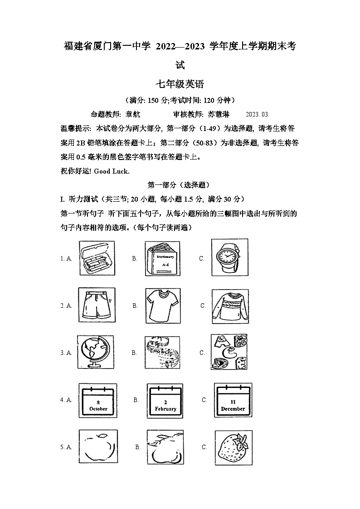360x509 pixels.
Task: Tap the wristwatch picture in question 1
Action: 230,257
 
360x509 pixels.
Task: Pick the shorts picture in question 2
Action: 97,305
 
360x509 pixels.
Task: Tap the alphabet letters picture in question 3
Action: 230,352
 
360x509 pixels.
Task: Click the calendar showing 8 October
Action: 98,401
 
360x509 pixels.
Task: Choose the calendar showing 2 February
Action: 165,401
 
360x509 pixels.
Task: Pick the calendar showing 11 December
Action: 233,400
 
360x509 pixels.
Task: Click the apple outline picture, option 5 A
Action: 98,447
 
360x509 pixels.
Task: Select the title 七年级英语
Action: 180,84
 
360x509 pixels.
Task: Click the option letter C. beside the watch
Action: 202,258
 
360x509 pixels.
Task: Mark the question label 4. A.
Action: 66,400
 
